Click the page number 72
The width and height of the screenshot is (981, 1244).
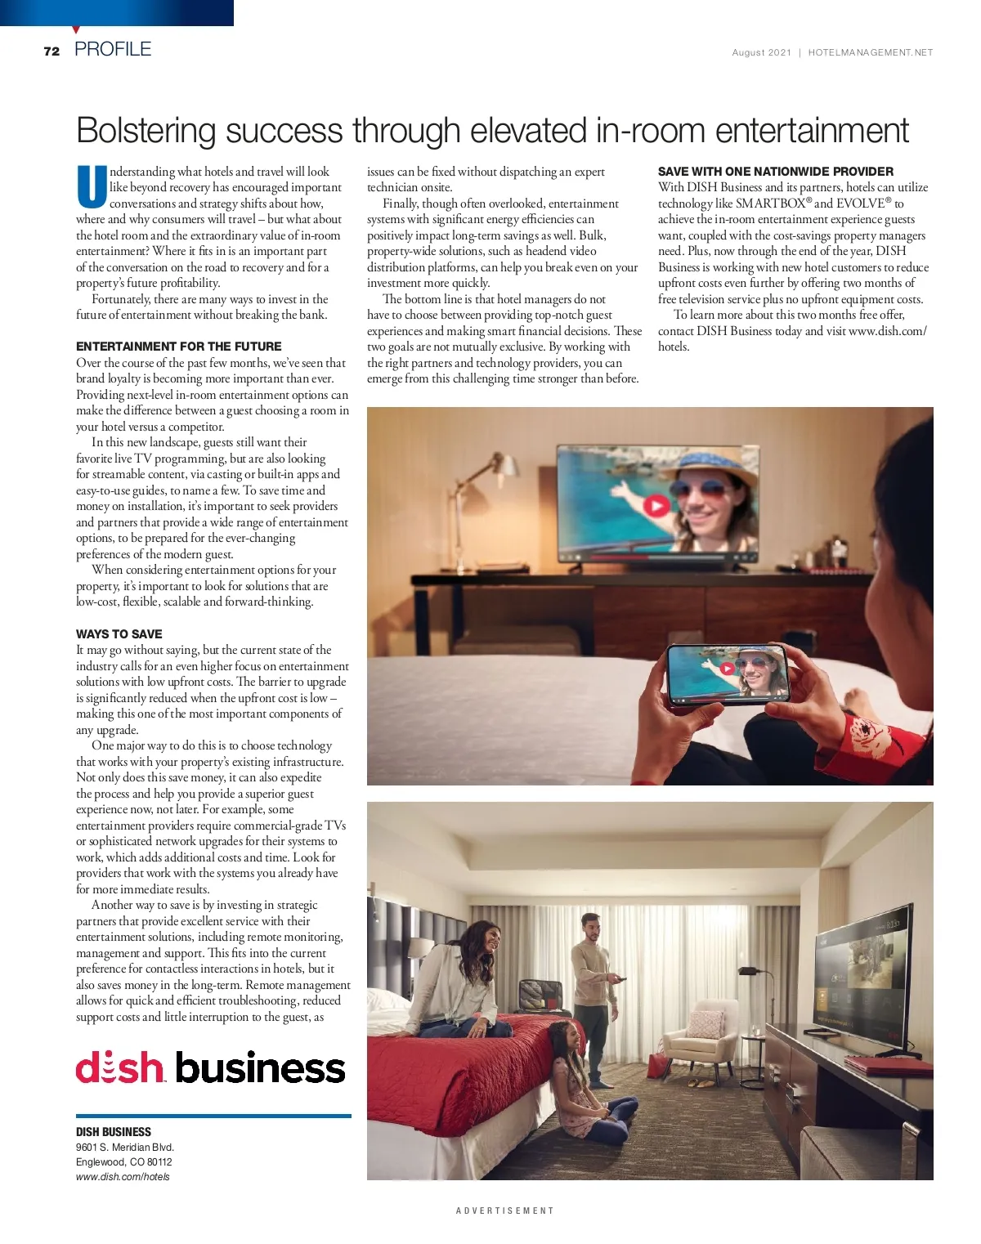tap(52, 51)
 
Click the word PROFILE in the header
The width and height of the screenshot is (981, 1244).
tap(113, 49)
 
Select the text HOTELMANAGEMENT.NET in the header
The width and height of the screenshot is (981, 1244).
tap(870, 52)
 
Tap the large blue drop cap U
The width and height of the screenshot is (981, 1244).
tap(91, 187)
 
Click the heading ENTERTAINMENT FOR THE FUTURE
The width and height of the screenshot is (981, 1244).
tap(178, 347)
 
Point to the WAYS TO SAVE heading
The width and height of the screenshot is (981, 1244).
tap(119, 634)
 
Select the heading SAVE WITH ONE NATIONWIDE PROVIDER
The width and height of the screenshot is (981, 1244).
tap(775, 172)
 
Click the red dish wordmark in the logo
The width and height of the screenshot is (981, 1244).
tap(120, 1067)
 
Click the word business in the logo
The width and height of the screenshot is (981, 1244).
tap(260, 1067)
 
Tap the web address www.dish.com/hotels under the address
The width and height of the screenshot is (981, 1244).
tap(123, 1177)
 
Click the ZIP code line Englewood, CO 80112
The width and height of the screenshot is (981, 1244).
tap(123, 1162)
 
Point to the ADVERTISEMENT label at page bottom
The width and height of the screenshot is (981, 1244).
tap(504, 1210)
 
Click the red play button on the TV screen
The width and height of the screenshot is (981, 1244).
tap(656, 506)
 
